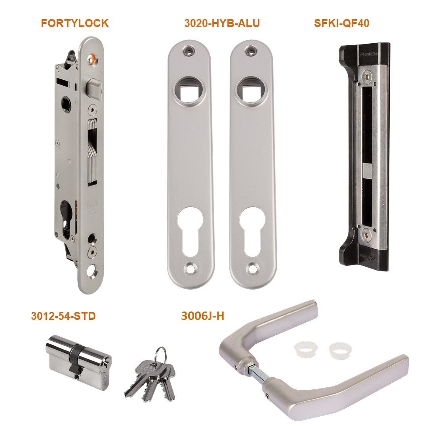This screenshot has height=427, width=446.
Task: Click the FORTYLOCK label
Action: coord(75,23)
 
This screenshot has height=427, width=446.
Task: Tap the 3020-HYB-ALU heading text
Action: coord(222,23)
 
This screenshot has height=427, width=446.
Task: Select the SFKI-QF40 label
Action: coord(341,23)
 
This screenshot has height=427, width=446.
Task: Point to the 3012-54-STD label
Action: coord(63,316)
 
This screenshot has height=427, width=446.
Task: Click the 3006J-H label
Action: coord(202,316)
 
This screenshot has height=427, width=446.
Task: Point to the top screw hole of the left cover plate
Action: coord(189,51)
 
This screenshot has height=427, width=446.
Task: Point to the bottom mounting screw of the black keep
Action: coord(366,235)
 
